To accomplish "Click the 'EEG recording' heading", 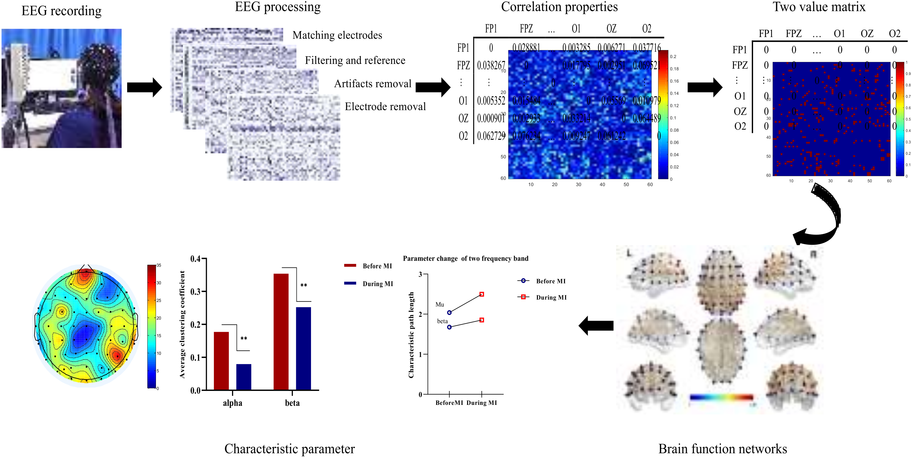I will click(61, 11).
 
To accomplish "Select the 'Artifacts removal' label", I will click(373, 84).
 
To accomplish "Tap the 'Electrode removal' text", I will click(385, 107).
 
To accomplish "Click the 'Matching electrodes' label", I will click(337, 35).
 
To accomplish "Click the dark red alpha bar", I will click(221, 361).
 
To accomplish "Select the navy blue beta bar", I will click(303, 348).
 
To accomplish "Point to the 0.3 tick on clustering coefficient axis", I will click(195, 291).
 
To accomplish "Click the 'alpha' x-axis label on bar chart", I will click(233, 403).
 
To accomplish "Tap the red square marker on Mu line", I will click(481, 294).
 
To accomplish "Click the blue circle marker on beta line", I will click(449, 327).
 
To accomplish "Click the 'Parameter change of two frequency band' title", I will click(465, 259).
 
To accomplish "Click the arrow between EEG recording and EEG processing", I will click(144, 87).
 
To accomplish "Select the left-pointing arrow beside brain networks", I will click(596, 325).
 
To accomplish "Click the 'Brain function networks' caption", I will click(722, 449).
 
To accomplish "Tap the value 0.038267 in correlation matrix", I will click(491, 65).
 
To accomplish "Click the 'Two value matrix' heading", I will click(819, 7).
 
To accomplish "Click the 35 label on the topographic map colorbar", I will click(159, 265).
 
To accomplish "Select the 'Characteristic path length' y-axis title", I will click(411, 335).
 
